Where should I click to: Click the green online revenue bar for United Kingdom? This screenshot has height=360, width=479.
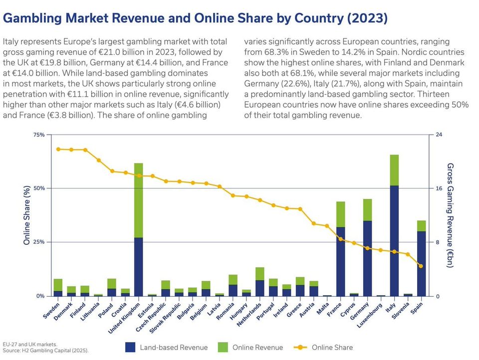[x=139, y=200]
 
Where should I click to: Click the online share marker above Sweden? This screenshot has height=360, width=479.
[x=58, y=149]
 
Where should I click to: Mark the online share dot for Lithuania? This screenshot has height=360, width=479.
[x=99, y=160]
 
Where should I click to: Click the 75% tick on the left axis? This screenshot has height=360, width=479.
[x=38, y=135]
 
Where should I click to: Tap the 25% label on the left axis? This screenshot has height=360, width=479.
[x=38, y=242]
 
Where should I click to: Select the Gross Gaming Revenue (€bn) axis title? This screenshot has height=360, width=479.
[x=450, y=215]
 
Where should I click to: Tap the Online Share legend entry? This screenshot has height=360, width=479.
[x=332, y=348]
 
